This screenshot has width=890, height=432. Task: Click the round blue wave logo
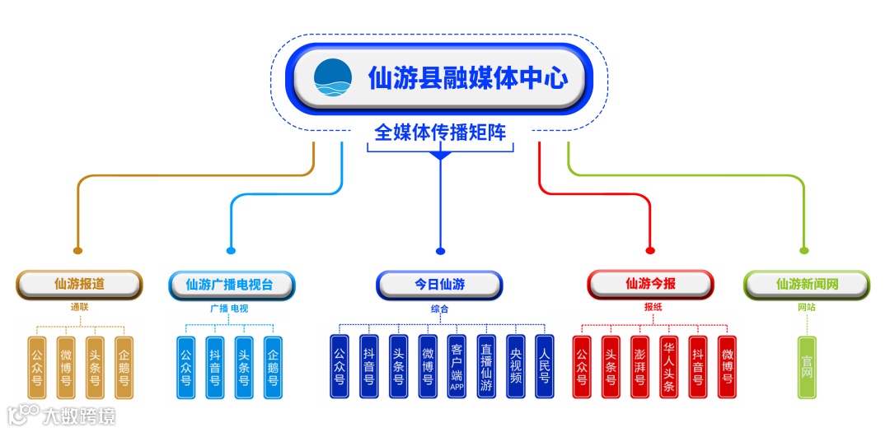pos(333,78)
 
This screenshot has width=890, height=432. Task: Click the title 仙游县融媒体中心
pos(468,79)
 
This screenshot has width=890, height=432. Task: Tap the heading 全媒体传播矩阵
pos(440,132)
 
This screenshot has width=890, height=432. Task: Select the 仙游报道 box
pos(80,284)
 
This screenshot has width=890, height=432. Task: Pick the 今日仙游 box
pos(439,285)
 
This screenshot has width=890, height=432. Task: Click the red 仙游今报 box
pos(650,285)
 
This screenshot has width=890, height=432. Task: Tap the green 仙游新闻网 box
pos(807,285)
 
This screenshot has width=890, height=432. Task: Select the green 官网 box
pos(807,367)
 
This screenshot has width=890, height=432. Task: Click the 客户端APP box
pos(457,367)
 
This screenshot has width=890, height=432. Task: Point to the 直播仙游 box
pos(486,367)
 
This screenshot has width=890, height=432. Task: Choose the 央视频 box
pos(515,367)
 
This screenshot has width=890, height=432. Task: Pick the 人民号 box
pos(544,367)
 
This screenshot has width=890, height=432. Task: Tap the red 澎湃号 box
pos(639,367)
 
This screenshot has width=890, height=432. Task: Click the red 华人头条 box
pos(668,367)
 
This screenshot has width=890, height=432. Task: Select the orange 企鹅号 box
pos(124,367)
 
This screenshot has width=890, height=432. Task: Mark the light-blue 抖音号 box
pos(214,367)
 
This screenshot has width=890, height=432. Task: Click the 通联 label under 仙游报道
pos(79,309)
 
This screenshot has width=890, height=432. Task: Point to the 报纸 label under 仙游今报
pos(653,309)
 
